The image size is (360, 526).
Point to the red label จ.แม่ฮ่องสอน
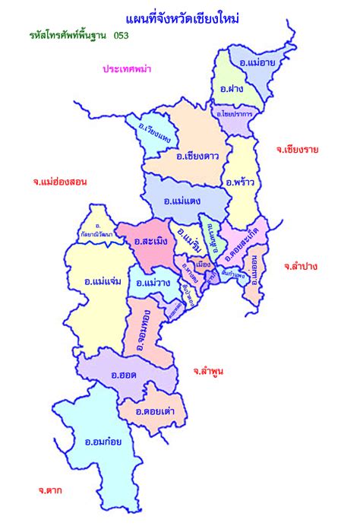point(60,182)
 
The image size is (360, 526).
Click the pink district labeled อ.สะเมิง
point(152,242)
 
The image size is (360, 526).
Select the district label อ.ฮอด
point(124,374)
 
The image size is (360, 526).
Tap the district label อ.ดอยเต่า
point(156,411)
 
